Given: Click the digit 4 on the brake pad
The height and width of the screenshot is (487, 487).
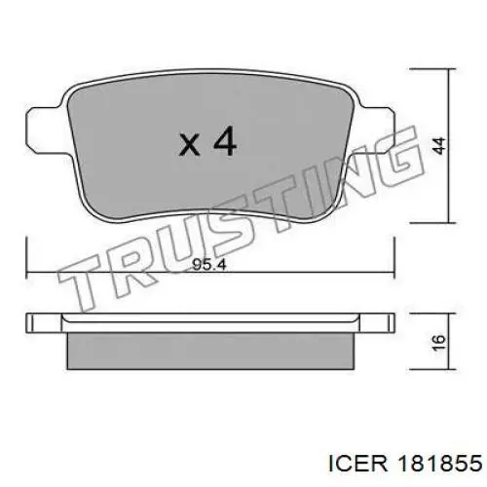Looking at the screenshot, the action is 225,140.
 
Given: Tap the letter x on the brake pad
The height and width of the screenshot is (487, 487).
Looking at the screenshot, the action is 190,145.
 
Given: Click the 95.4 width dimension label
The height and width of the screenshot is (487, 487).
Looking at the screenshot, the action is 208,265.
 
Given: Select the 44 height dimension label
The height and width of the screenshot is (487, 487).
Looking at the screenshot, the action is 438,146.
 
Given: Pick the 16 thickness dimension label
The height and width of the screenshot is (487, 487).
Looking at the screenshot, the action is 438,342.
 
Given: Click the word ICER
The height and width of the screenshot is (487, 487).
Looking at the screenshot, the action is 358,464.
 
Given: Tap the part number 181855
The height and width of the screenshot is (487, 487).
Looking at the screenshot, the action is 440,464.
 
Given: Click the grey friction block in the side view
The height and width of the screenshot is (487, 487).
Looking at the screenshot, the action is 211,351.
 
